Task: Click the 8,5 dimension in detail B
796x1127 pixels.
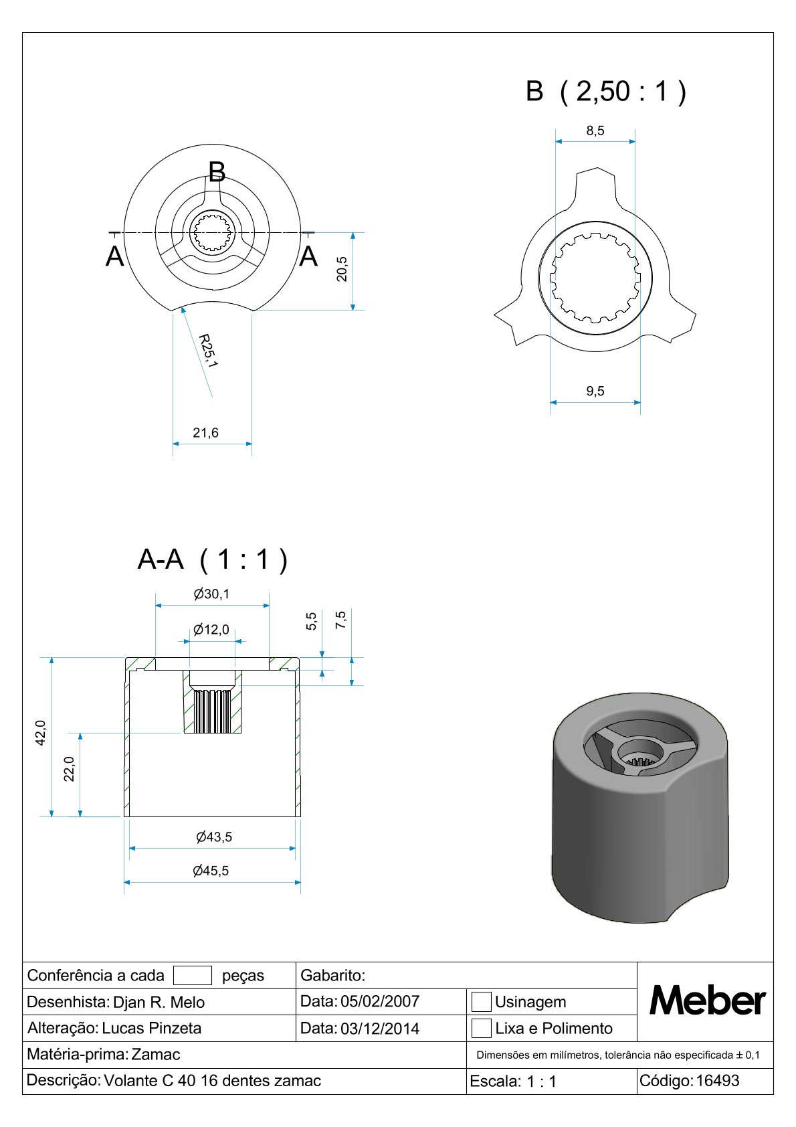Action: point(595,131)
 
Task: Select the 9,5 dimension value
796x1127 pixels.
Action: point(595,391)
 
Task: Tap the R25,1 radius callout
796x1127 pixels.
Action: point(207,351)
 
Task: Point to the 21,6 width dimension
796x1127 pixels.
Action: point(205,433)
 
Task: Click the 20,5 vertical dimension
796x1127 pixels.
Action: point(342,269)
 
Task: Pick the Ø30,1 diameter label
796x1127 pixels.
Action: point(211,594)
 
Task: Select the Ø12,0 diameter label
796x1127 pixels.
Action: point(211,629)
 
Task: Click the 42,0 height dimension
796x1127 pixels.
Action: point(41,733)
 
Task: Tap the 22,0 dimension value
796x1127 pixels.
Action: point(69,769)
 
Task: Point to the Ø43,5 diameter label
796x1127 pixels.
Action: point(214,837)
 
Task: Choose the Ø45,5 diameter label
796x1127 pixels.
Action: point(211,871)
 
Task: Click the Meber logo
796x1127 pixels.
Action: point(707,1001)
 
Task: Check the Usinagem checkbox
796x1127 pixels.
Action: point(481,1001)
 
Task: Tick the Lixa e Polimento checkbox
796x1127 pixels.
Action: point(481,1028)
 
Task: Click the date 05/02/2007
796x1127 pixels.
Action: point(380,1001)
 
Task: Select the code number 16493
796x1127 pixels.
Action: point(718,1081)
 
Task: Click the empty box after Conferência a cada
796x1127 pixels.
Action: point(193,976)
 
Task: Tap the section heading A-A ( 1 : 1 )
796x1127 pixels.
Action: point(212,559)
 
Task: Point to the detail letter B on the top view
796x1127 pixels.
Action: point(217,172)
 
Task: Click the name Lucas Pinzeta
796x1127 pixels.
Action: point(151,1028)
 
